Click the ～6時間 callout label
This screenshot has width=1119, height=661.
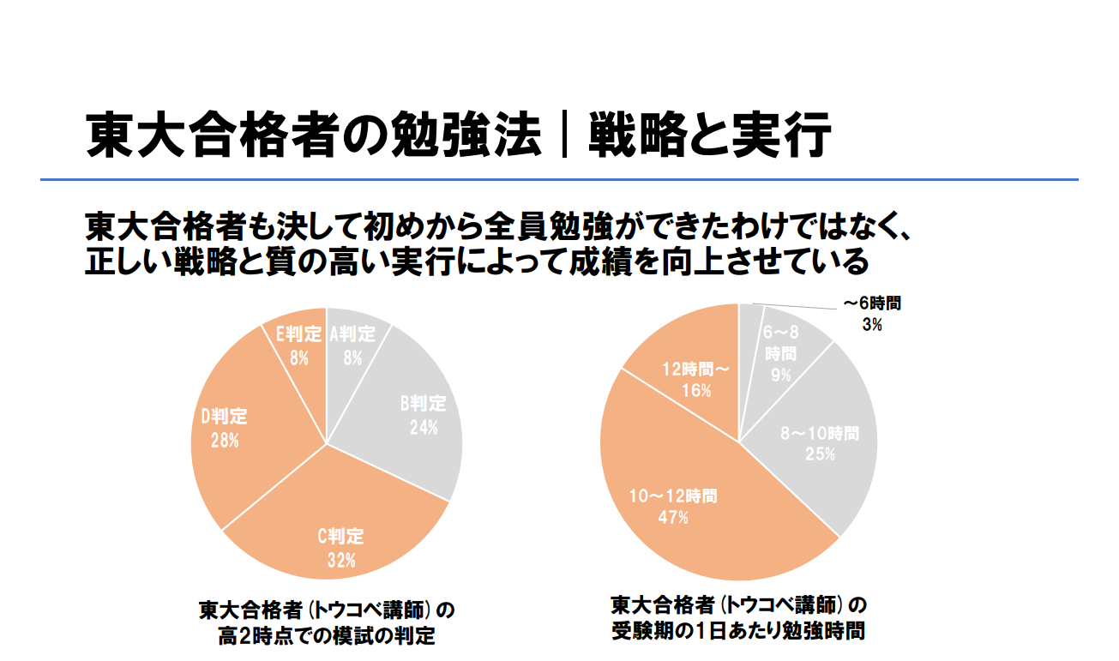click(872, 304)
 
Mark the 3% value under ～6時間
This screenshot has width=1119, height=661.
click(871, 325)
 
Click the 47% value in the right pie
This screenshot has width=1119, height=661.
click(673, 517)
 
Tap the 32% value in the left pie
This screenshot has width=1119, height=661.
click(340, 562)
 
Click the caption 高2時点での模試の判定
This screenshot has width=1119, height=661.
click(326, 637)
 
